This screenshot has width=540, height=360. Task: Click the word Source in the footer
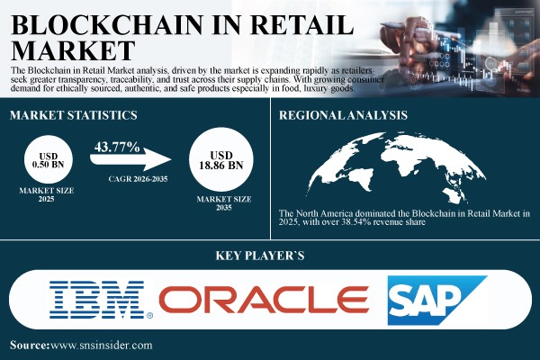tap(29, 346)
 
